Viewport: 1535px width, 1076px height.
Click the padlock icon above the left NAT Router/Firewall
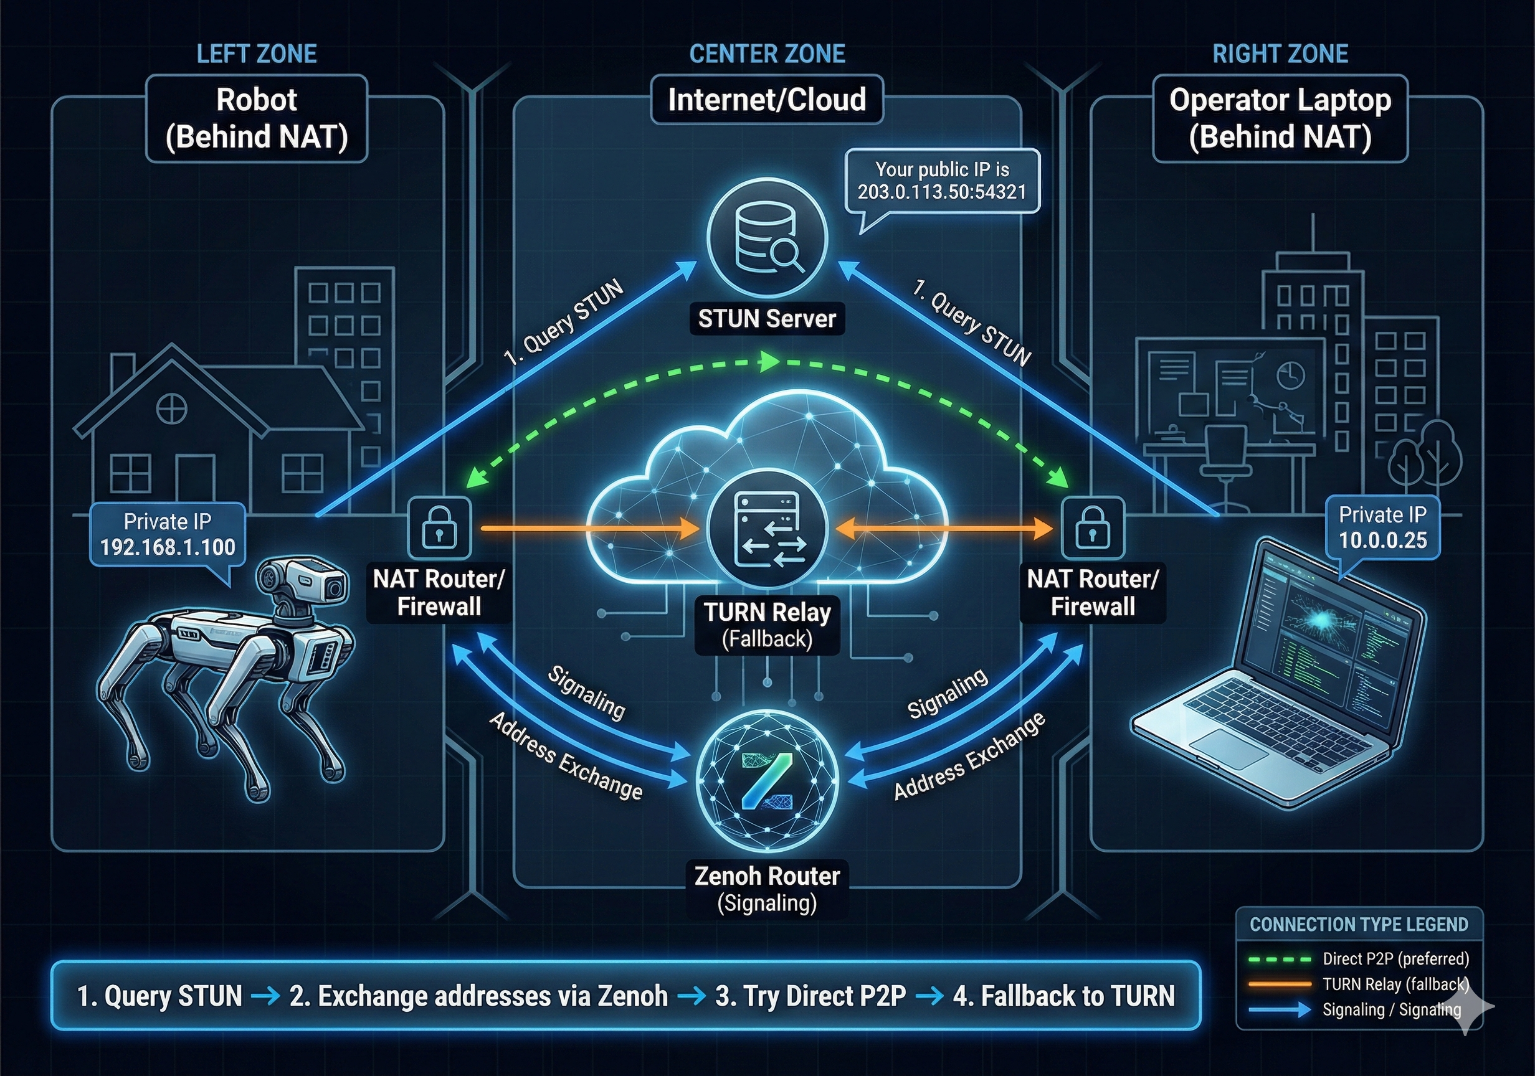(439, 529)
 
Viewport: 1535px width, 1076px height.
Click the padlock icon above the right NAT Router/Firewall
(1093, 529)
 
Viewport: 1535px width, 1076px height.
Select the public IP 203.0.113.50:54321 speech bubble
(942, 181)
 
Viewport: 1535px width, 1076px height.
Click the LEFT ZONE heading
(257, 54)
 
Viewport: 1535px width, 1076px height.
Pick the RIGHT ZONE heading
(1280, 54)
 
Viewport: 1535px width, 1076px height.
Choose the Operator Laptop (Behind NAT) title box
(1280, 118)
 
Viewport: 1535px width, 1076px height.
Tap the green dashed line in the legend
(1280, 960)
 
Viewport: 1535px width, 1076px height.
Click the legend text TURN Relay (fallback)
(1395, 984)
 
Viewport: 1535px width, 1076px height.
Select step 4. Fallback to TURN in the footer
(1063, 996)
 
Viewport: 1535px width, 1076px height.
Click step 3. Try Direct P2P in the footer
(810, 996)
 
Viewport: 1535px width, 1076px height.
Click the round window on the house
(172, 408)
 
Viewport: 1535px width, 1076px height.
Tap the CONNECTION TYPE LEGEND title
(1359, 924)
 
